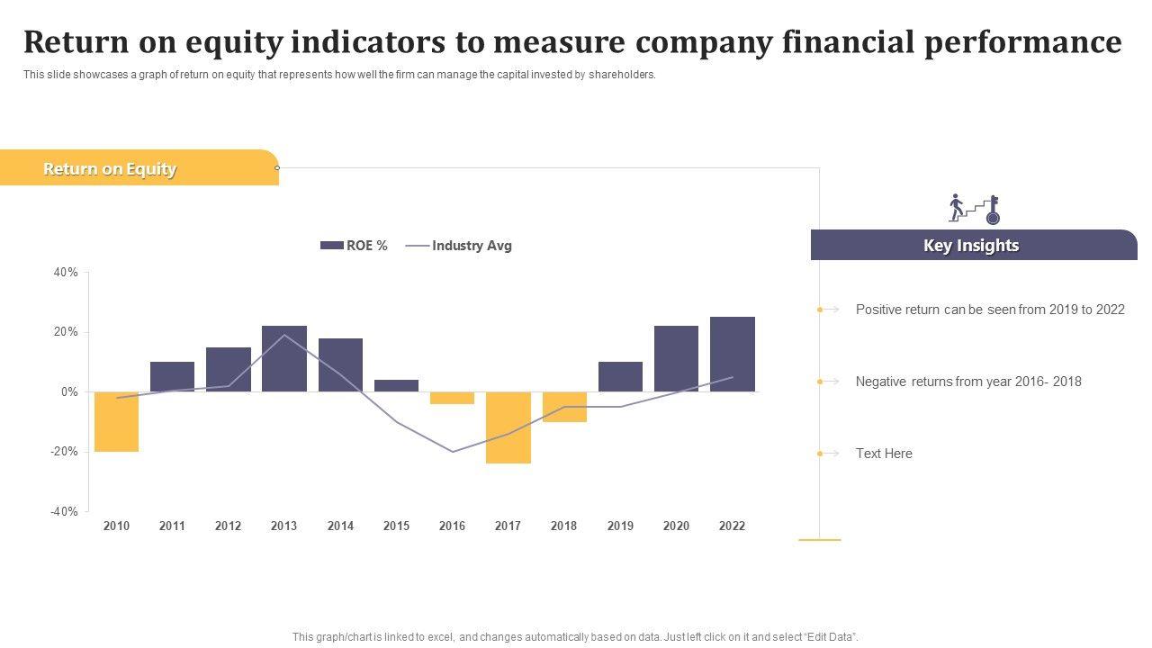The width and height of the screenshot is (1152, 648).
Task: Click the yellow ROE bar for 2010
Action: click(x=116, y=421)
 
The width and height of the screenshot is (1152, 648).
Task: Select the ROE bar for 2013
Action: click(x=284, y=358)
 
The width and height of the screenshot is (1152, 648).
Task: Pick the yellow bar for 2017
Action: click(x=508, y=427)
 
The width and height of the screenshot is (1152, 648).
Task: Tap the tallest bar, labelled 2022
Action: click(x=732, y=354)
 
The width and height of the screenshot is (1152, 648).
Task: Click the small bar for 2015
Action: click(x=396, y=385)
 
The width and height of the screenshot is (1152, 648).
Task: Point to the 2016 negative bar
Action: click(x=452, y=398)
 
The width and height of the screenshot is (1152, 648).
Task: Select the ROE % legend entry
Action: click(x=354, y=246)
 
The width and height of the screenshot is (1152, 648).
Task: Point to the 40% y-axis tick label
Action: click(x=66, y=272)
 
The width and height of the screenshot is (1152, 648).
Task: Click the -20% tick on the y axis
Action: click(x=63, y=452)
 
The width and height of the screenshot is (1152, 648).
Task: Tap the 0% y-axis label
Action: click(x=68, y=391)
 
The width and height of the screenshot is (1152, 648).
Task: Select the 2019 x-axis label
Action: click(x=620, y=526)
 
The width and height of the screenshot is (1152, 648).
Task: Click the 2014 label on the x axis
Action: click(x=340, y=526)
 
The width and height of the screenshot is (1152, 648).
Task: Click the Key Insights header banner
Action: click(x=971, y=246)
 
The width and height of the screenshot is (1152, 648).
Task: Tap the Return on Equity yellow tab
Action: click(x=110, y=169)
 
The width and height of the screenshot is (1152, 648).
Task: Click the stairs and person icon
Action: click(x=974, y=209)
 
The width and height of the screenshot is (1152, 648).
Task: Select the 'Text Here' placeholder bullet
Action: click(x=884, y=454)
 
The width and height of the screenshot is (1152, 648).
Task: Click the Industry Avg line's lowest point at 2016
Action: click(x=452, y=452)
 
